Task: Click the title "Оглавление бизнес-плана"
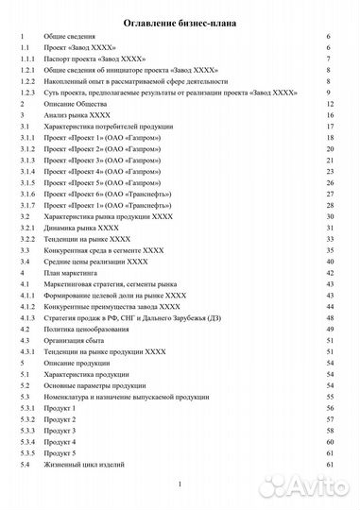tap(180, 17)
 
